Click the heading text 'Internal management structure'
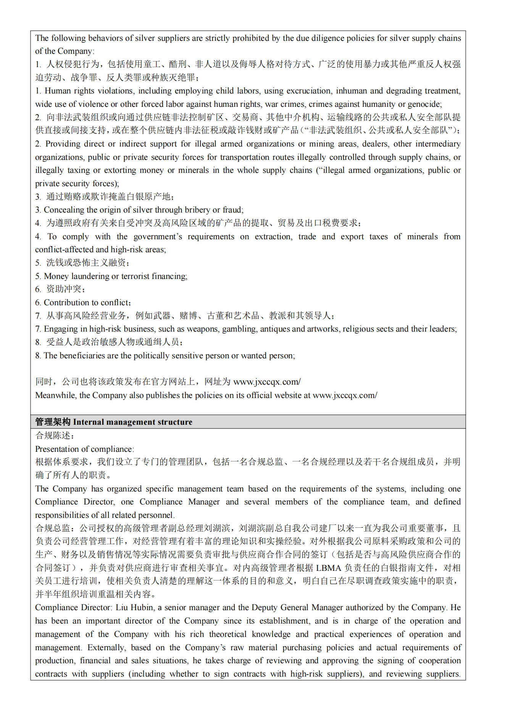(132, 422)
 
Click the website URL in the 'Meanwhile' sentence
(345, 395)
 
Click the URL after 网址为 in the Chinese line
(267, 382)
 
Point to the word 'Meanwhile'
(55, 395)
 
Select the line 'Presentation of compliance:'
(84, 449)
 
